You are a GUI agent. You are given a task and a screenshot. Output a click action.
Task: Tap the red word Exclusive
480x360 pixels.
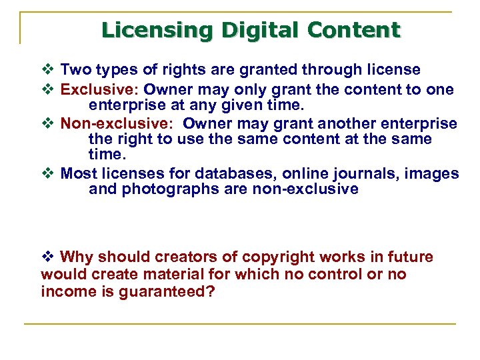point(98,89)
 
